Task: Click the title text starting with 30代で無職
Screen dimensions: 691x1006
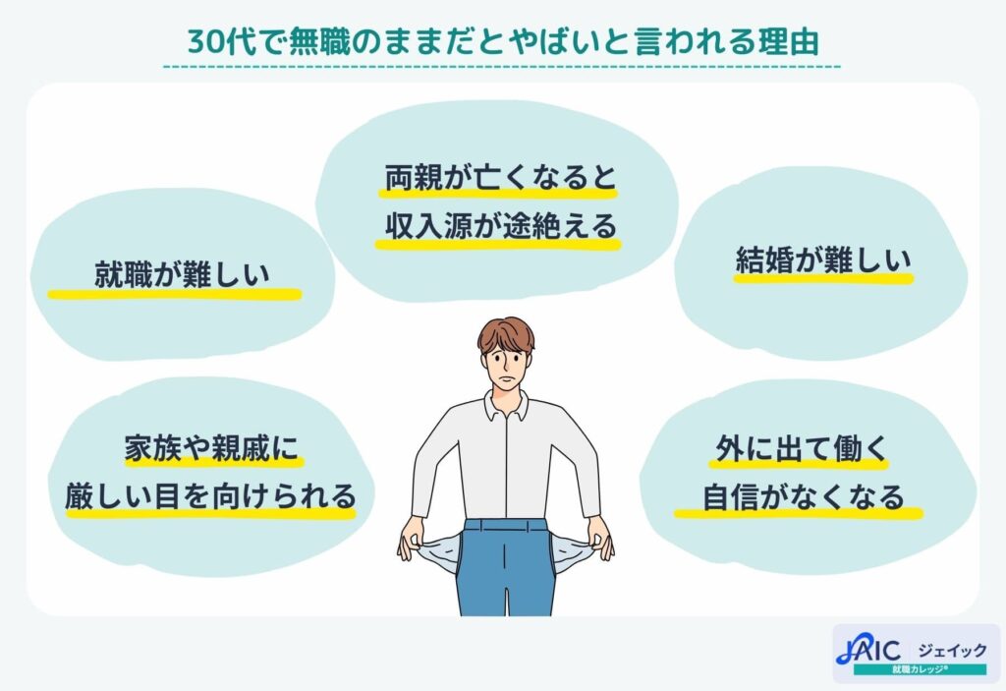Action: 502,40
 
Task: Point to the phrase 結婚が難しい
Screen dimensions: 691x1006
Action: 823,260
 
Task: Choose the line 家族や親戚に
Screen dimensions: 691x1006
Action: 209,448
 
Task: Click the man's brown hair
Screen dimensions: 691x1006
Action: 505,334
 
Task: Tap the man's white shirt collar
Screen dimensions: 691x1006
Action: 505,404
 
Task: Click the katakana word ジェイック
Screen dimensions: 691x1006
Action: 950,649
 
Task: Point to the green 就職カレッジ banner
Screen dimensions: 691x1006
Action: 919,669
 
